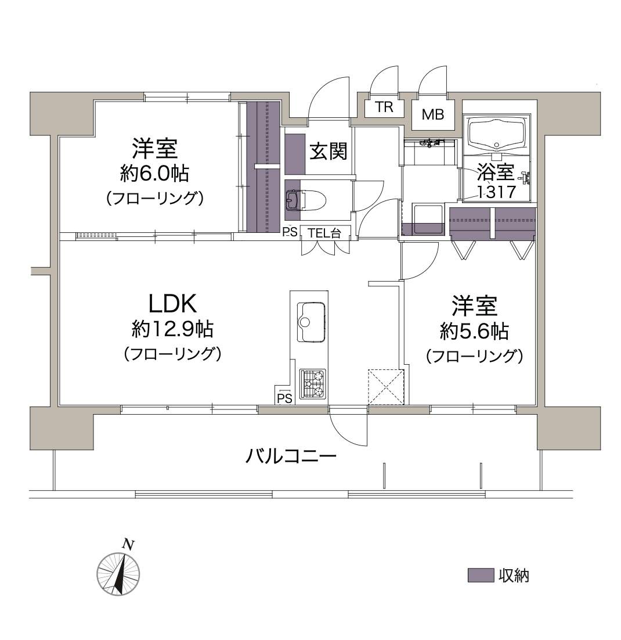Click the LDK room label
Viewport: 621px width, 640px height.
click(172, 303)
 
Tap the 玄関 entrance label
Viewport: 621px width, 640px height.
click(328, 151)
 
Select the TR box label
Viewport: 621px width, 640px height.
click(384, 107)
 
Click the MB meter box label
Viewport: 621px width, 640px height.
click(432, 114)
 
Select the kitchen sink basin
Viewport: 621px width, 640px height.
click(312, 322)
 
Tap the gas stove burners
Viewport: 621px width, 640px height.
click(313, 384)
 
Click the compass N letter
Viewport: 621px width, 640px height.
click(129, 544)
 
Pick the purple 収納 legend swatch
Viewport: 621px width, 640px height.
click(481, 576)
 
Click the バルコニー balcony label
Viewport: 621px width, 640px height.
click(291, 455)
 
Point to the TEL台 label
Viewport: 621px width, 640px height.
click(324, 233)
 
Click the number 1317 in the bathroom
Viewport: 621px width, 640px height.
click(496, 192)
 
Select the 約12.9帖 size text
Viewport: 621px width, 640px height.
click(172, 330)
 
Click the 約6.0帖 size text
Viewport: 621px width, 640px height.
click(154, 172)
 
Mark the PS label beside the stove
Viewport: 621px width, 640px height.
click(284, 398)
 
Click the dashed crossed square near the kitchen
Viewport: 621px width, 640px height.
click(387, 386)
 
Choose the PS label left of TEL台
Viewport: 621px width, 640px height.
click(290, 233)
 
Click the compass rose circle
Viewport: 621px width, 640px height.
click(118, 573)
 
